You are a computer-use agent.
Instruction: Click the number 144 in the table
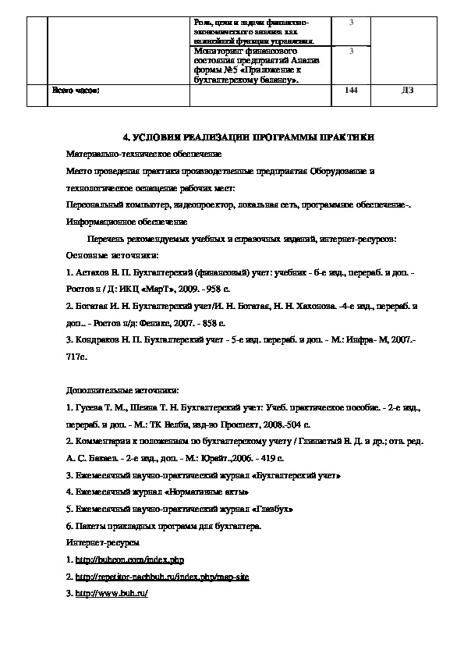[351, 91]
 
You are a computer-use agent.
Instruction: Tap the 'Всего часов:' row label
[76, 91]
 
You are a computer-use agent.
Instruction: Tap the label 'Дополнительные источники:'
[122, 390]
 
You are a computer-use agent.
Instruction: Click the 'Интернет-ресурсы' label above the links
[104, 542]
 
